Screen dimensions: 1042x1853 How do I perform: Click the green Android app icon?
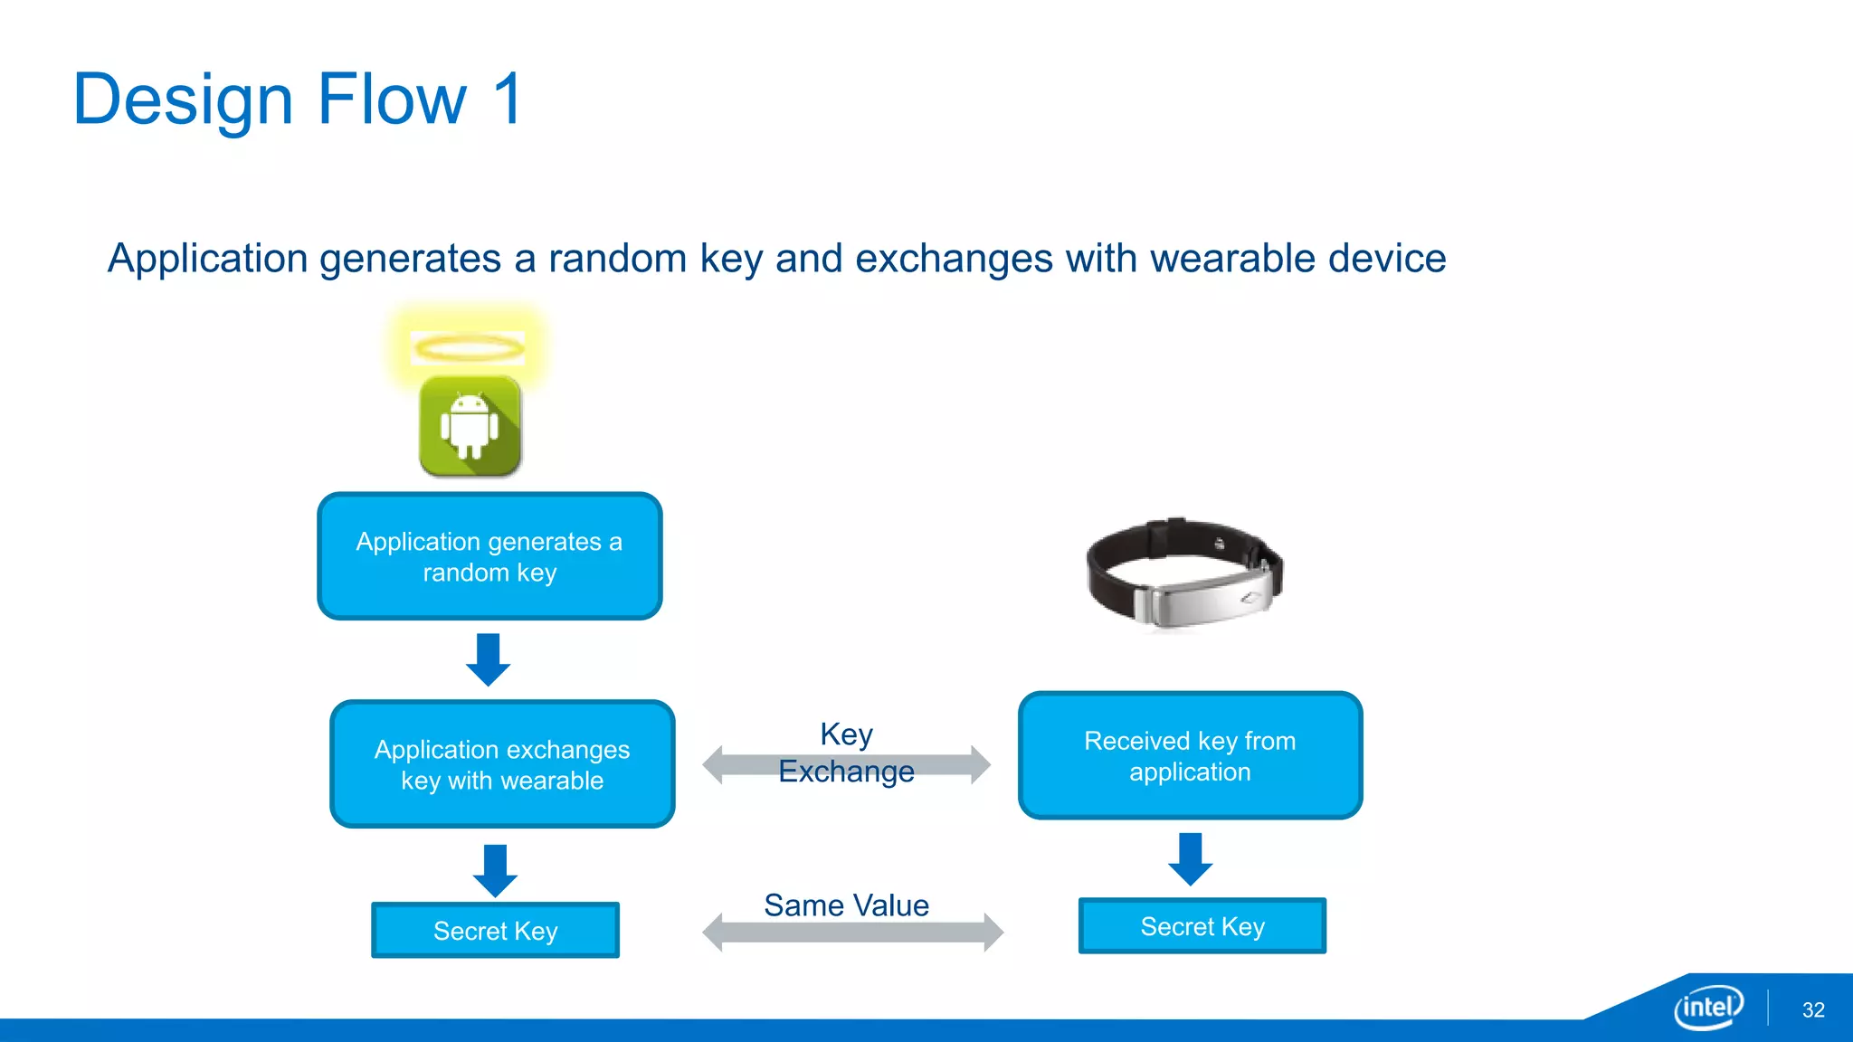[x=470, y=426]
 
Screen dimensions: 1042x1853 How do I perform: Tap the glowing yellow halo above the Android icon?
[x=468, y=348]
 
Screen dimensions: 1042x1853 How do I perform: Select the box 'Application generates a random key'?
[x=489, y=556]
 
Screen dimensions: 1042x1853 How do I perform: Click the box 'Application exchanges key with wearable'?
[x=502, y=764]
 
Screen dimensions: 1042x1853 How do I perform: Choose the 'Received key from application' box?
[x=1190, y=756]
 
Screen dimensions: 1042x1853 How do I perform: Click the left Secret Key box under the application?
[x=495, y=930]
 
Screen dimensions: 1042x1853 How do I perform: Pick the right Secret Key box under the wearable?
[x=1202, y=925]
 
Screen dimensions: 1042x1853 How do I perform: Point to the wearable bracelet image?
[x=1183, y=573]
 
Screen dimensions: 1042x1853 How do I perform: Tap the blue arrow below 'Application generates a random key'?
[x=488, y=659]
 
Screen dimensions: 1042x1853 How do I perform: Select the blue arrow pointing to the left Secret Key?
[x=495, y=870]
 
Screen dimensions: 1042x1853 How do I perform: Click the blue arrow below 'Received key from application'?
[x=1190, y=858]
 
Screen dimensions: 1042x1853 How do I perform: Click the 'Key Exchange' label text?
[x=846, y=753]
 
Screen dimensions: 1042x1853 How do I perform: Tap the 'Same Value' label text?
[x=846, y=905]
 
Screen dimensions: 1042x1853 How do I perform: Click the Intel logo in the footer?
[x=1708, y=1007]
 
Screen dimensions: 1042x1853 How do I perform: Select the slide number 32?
[x=1813, y=1010]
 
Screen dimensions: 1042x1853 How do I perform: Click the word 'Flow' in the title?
[x=392, y=99]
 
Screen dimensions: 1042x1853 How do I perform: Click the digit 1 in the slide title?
[x=508, y=99]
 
